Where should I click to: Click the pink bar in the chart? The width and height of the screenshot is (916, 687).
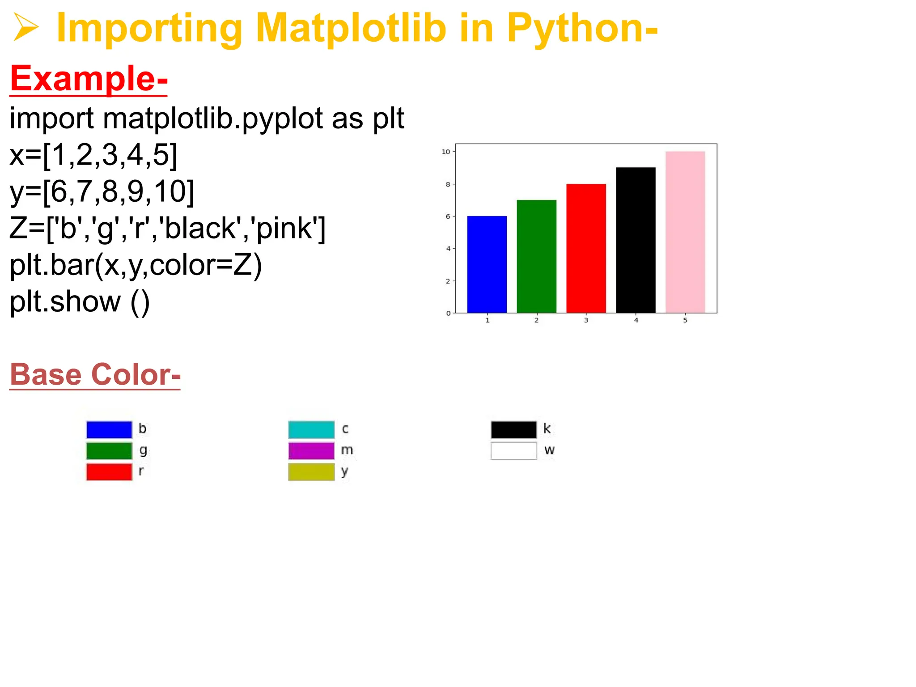tap(685, 232)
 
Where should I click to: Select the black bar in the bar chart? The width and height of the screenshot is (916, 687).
tap(636, 240)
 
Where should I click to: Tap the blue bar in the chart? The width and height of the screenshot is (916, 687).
tap(487, 264)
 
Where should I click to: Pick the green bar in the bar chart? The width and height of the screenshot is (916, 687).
tap(536, 256)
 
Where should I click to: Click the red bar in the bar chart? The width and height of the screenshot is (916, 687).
tap(586, 248)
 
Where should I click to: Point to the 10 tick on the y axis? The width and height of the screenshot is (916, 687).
tap(446, 152)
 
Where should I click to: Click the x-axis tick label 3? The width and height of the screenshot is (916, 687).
tap(586, 320)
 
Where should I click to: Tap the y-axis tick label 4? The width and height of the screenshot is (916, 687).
tap(448, 249)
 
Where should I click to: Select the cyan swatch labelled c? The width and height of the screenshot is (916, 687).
tap(311, 429)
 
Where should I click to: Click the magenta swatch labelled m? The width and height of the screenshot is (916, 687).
tap(311, 450)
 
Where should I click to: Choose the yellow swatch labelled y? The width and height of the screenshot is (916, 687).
tap(311, 472)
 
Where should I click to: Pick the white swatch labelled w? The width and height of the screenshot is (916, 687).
tap(513, 450)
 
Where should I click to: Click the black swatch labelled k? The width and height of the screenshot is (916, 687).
tap(513, 429)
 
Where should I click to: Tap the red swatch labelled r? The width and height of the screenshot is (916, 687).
tap(109, 472)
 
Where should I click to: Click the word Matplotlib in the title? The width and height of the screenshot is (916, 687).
tap(351, 29)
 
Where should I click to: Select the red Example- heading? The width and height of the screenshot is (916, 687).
tap(89, 79)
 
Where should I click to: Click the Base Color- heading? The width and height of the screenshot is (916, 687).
tap(95, 374)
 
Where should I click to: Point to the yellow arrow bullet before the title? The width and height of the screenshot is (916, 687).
tap(25, 27)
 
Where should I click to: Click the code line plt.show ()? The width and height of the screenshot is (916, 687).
tap(80, 302)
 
